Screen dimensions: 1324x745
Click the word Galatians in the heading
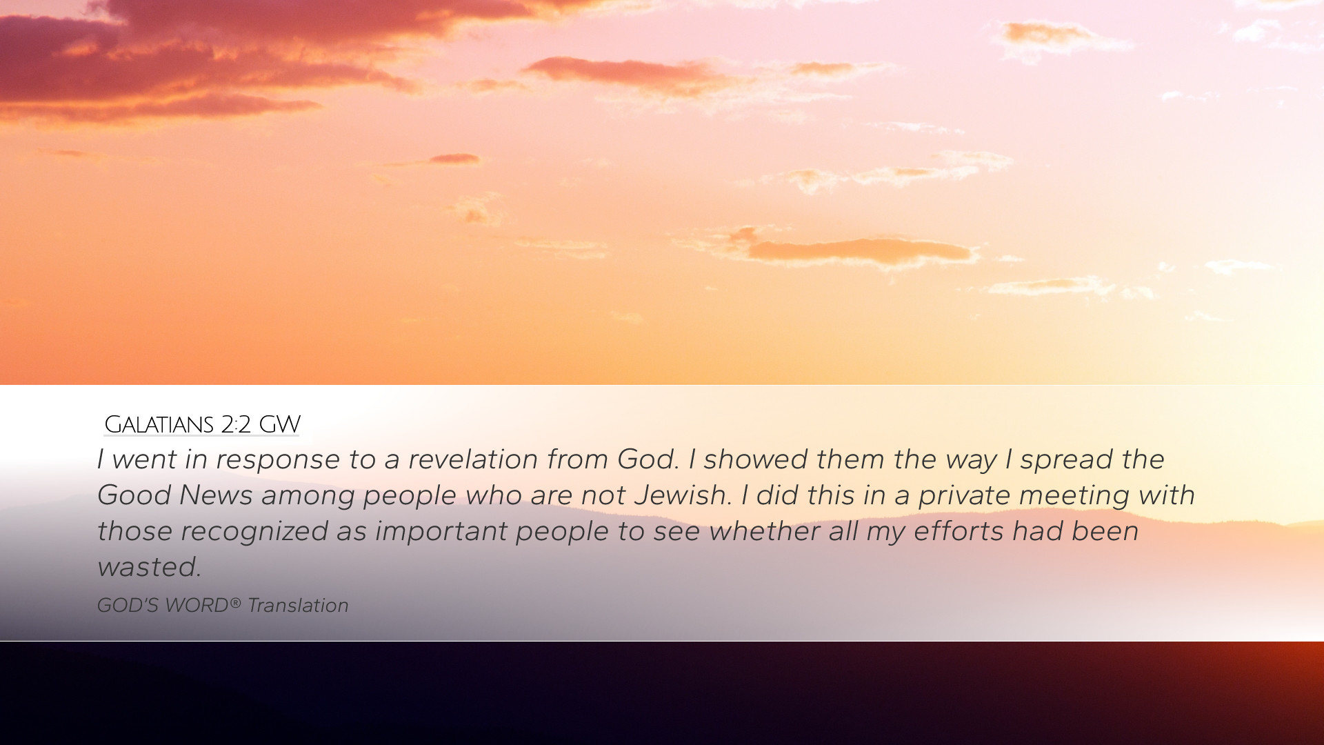point(159,424)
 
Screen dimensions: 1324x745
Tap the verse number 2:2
point(236,424)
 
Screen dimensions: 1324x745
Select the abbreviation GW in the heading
point(279,424)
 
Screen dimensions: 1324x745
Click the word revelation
point(473,459)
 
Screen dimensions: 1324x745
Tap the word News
point(216,495)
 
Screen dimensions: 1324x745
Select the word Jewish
point(683,495)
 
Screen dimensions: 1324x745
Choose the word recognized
point(254,531)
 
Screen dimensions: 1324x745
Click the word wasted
point(149,567)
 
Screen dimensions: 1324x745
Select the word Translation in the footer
point(298,606)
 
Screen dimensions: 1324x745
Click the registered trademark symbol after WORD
point(235,603)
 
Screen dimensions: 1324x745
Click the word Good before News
point(134,495)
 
